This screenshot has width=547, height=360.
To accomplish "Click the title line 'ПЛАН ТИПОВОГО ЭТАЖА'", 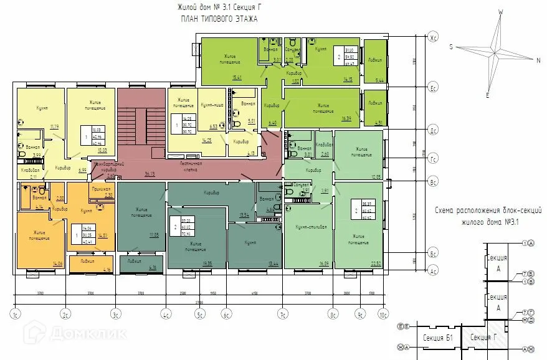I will pos(219,19).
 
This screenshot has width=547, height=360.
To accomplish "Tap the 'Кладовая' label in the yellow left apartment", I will pos(29,170).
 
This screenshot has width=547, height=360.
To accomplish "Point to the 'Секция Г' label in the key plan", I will pos(483,337).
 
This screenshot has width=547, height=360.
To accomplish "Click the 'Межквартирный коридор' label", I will pos(105,166).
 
